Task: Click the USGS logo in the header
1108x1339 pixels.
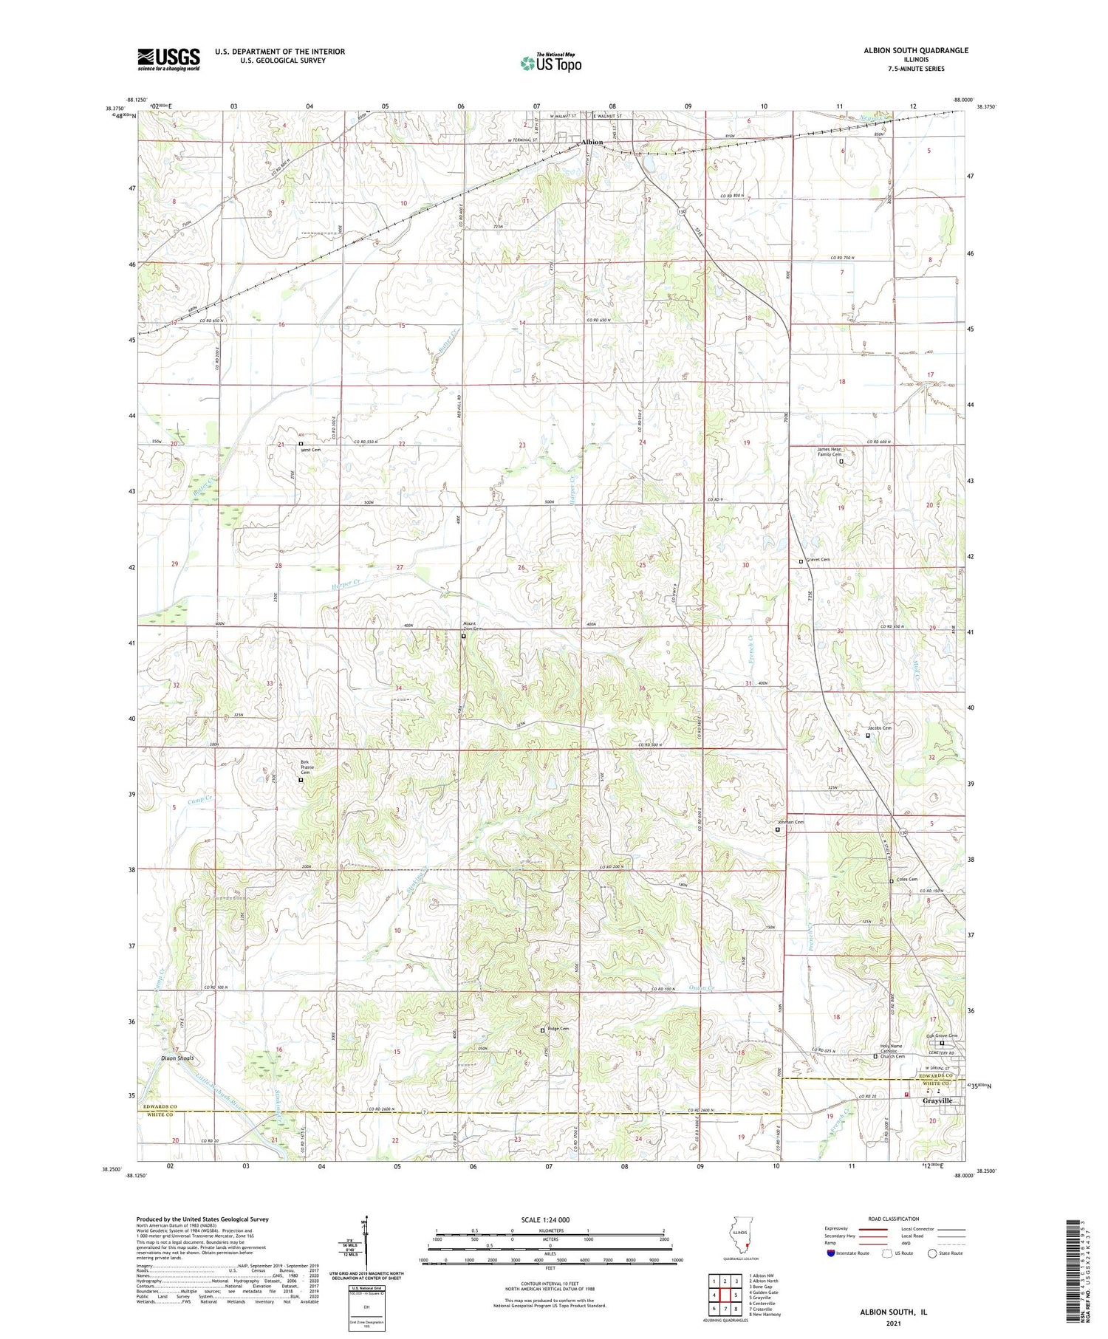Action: click(x=168, y=59)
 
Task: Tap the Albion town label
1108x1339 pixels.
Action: click(x=592, y=142)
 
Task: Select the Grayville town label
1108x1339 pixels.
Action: click(x=937, y=1100)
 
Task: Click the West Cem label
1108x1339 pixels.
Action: click(x=310, y=449)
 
